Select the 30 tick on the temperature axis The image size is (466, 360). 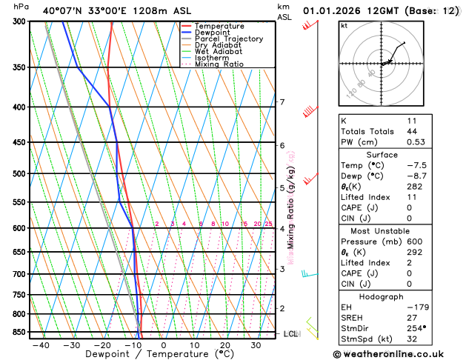pyautogui.click(x=256, y=345)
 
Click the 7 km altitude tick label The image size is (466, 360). pyautogui.click(x=282, y=102)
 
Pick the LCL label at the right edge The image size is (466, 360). pyautogui.click(x=290, y=334)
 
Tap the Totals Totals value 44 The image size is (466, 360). pyautogui.click(x=412, y=131)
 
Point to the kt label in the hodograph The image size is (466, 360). pyautogui.click(x=344, y=26)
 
